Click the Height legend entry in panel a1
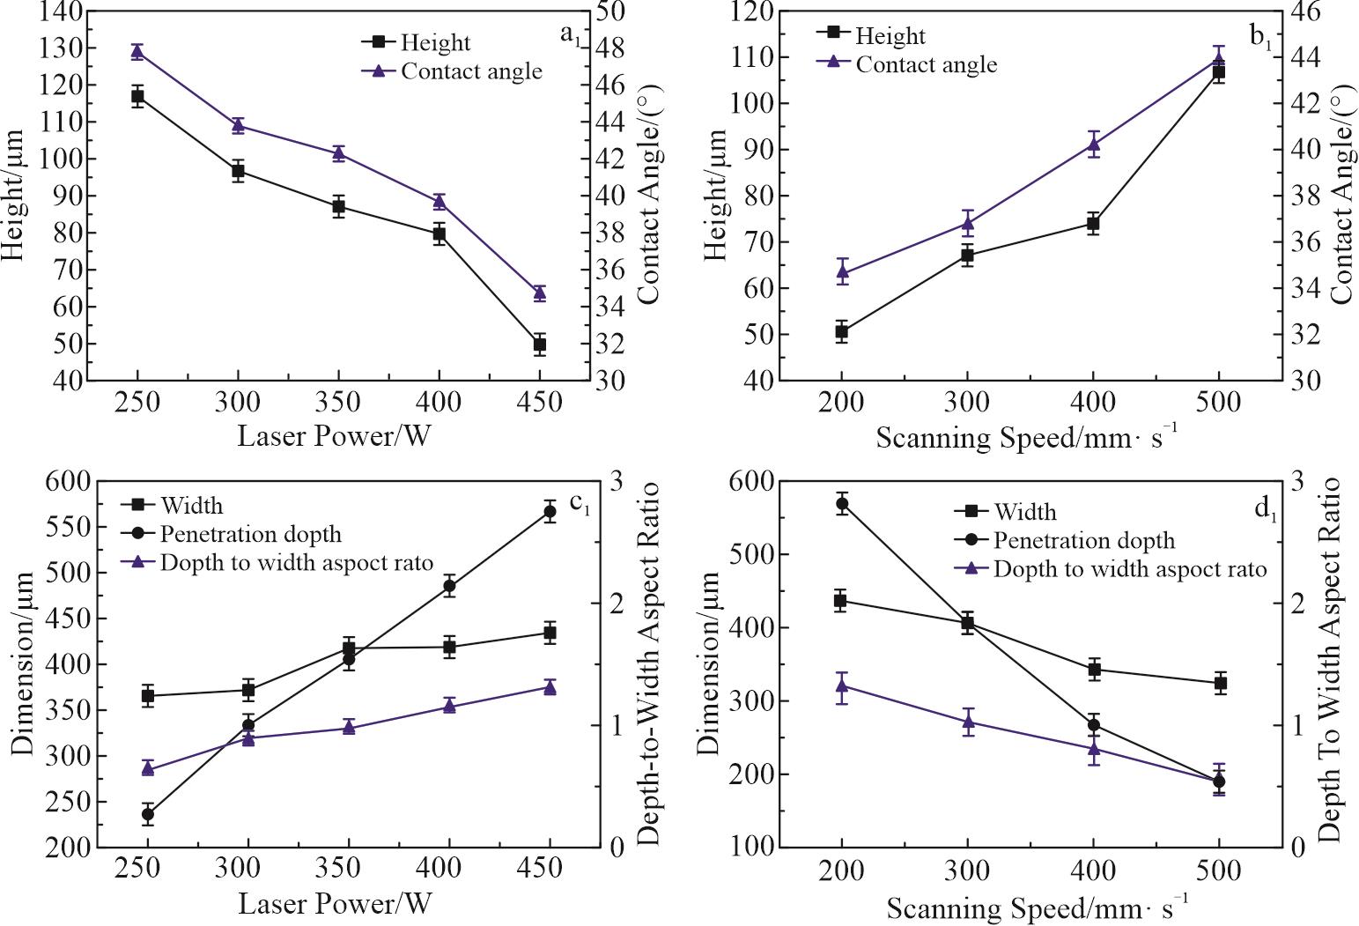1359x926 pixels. (x=435, y=42)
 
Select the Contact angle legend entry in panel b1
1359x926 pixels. (x=926, y=64)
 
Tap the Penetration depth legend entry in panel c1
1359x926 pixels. (x=250, y=534)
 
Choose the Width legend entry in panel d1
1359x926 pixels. (x=1025, y=511)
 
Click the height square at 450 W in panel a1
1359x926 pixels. (x=540, y=344)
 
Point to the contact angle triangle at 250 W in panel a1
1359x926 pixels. (x=137, y=51)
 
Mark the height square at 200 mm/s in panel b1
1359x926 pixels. (x=842, y=332)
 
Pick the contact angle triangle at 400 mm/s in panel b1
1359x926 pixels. (x=1094, y=144)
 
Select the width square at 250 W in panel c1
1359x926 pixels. (x=148, y=696)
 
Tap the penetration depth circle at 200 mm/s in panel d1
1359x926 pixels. (x=842, y=504)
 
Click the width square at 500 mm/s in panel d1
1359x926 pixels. (x=1220, y=683)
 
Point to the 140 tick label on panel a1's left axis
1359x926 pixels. (x=60, y=12)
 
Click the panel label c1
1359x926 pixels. (x=580, y=504)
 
